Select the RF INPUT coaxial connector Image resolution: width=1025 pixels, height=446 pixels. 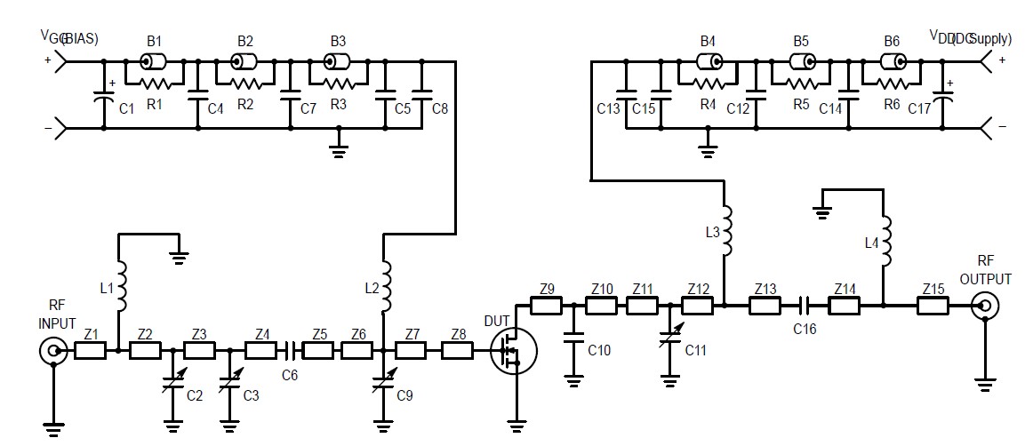click(x=53, y=351)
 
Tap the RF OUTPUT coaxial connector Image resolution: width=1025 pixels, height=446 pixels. click(x=984, y=307)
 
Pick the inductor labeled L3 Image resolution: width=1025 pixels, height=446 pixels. click(x=725, y=232)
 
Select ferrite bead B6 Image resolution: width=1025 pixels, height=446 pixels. click(x=893, y=61)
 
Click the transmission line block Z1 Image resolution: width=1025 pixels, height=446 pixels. click(x=90, y=351)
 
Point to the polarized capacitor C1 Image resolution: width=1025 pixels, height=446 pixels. click(x=104, y=96)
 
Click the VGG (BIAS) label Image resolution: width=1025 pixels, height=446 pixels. click(x=68, y=38)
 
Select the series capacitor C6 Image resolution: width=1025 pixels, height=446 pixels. click(x=290, y=351)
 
